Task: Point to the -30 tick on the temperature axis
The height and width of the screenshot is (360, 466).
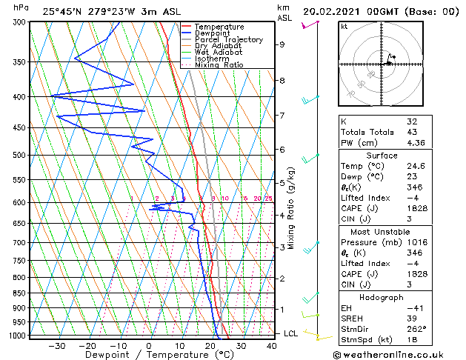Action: tap(57, 345)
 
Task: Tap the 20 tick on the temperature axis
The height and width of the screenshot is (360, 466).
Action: tap(210, 345)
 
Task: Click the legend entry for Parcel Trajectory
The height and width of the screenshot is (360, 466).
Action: tap(228, 39)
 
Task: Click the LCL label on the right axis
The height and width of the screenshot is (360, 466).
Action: tap(291, 333)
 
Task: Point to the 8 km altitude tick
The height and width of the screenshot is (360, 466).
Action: tap(282, 80)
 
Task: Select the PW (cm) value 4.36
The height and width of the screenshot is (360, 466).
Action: tap(416, 143)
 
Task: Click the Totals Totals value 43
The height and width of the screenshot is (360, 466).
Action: tap(412, 132)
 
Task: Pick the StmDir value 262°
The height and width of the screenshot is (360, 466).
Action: tap(416, 329)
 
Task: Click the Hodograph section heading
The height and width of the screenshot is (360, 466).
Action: tap(382, 297)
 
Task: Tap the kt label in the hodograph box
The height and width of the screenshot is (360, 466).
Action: tap(344, 26)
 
